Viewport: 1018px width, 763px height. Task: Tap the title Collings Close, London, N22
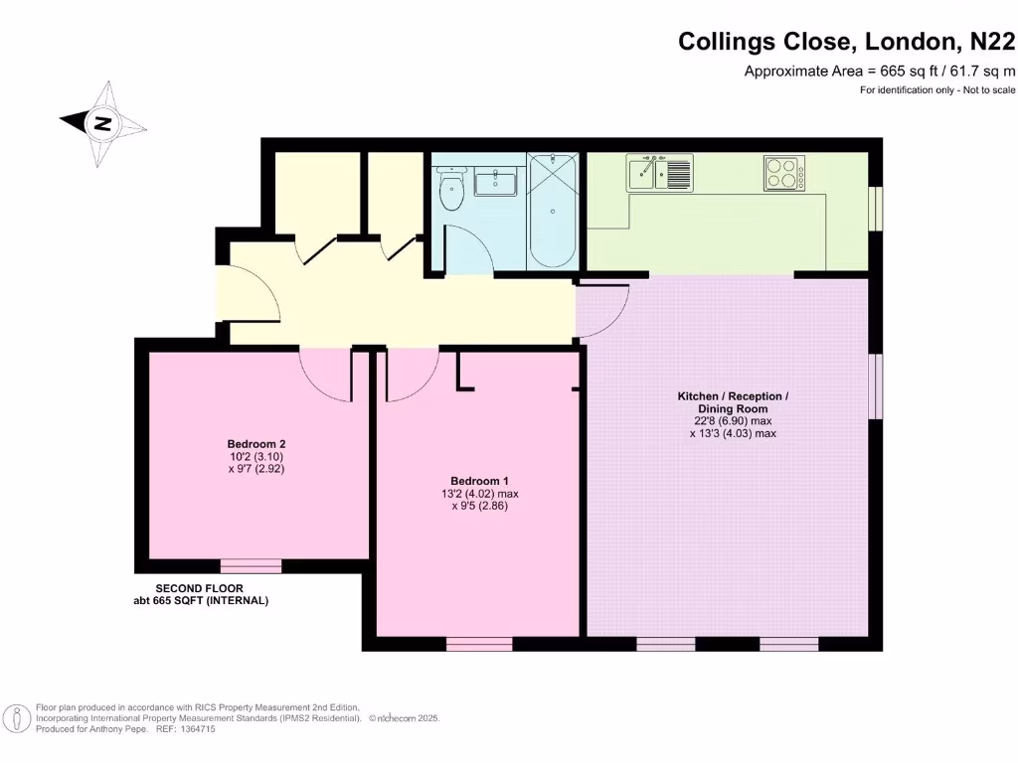click(847, 42)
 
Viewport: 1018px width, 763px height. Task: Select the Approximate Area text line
click(880, 71)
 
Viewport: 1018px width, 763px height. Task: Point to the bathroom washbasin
click(494, 183)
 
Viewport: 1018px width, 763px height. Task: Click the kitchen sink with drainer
click(658, 174)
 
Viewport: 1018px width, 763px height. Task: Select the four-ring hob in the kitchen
click(784, 173)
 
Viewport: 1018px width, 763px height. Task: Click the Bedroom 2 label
click(256, 444)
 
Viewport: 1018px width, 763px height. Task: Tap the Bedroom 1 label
click(480, 481)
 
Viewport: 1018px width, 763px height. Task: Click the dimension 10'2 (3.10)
click(256, 456)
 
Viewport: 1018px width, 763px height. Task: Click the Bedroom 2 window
click(251, 566)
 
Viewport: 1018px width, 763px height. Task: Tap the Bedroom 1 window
click(479, 645)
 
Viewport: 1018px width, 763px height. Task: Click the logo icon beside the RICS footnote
click(16, 717)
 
